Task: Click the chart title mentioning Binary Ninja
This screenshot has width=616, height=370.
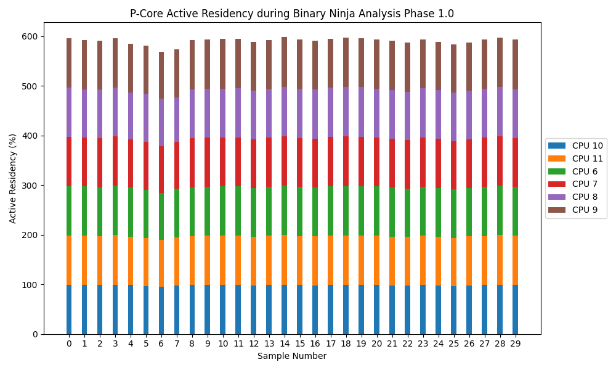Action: coord(292,14)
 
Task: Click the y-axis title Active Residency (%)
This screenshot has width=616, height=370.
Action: coord(13,178)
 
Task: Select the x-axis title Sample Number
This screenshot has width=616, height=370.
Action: coord(292,356)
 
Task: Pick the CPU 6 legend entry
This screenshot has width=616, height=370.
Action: coord(585,171)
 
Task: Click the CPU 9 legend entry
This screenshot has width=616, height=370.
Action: coord(585,210)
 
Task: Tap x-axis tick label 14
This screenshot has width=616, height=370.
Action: coord(285,343)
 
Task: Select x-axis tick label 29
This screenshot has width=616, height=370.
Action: coord(515,343)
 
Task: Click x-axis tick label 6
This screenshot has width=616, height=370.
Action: coord(161,343)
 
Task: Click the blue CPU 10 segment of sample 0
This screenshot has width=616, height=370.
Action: coord(69,310)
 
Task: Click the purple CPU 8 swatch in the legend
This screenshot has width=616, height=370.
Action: coord(557,197)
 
